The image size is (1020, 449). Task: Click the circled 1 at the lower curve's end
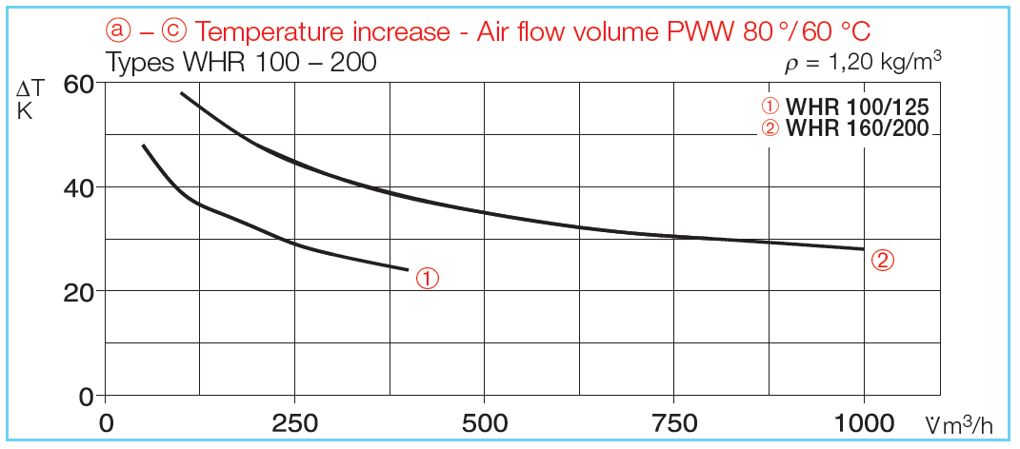429,278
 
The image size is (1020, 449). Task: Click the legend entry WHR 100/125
856,107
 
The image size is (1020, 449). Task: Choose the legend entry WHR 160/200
856,128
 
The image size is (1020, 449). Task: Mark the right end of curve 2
863,249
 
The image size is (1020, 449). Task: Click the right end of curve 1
408,270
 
